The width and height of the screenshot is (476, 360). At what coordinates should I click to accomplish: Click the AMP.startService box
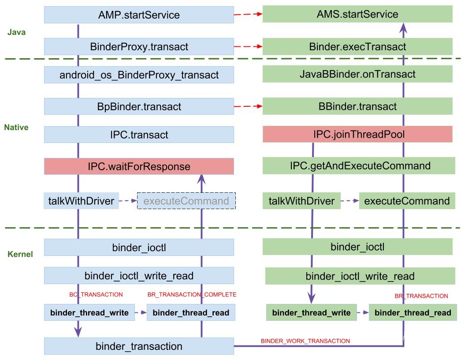point(139,15)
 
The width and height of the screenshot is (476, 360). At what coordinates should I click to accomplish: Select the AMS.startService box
point(357,14)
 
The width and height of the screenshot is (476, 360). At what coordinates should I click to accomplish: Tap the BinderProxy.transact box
point(139,46)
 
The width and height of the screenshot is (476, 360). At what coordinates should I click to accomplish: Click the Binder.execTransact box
point(357,46)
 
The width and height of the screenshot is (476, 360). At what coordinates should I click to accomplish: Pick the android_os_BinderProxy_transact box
point(139,75)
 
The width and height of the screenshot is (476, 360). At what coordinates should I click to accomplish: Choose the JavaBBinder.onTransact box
point(357,74)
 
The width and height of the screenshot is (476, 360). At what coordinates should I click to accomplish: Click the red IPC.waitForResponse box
point(139,167)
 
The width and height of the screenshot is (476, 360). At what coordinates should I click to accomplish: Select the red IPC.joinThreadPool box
point(357,134)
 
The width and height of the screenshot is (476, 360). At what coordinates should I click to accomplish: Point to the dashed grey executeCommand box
point(186,201)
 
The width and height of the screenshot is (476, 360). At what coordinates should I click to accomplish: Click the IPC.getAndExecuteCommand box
point(357,166)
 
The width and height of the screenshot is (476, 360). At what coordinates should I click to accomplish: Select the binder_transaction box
point(139,346)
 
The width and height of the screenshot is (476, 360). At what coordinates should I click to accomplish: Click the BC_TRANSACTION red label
point(96,294)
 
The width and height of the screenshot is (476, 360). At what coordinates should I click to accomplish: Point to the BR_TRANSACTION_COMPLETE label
point(192,294)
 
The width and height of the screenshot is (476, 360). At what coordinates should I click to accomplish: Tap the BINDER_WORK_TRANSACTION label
point(305,341)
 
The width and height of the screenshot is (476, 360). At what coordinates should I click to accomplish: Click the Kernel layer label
point(20,254)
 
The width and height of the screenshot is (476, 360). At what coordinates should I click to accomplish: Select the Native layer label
point(16,127)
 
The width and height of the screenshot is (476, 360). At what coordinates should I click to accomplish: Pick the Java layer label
point(17,32)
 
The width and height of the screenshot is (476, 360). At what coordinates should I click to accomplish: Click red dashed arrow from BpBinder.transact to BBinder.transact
point(248,106)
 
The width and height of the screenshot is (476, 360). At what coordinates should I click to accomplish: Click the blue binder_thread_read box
point(191,313)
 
